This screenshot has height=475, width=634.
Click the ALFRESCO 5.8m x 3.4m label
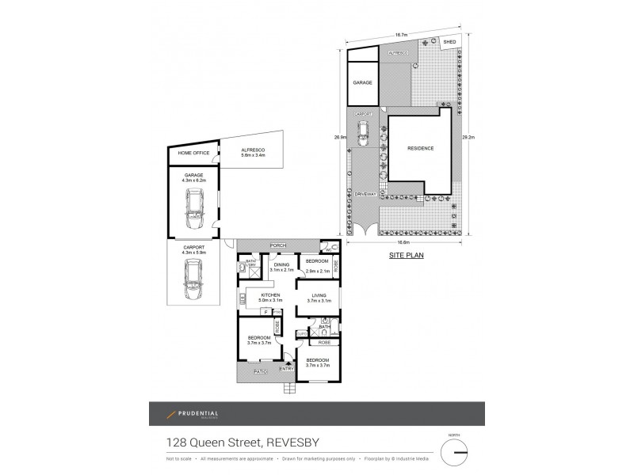tap(253, 152)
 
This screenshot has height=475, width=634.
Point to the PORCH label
tap(277, 245)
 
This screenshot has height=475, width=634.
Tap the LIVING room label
tap(318, 298)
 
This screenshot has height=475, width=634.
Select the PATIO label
tap(262, 370)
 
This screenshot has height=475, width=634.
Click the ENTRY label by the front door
tap(286, 368)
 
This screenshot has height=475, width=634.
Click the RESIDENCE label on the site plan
tap(421, 148)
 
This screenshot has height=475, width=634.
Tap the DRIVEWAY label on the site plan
tap(365, 194)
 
